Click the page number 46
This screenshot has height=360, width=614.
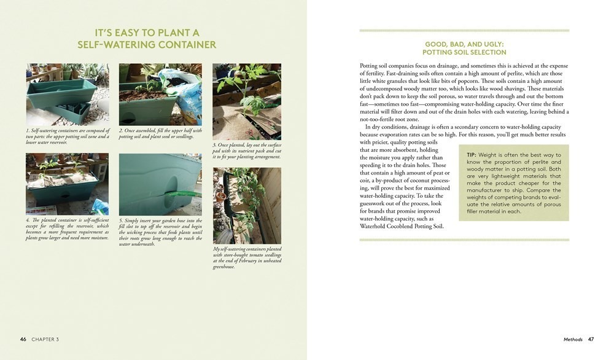pyautogui.click(x=23, y=339)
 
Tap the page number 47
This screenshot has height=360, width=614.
pyautogui.click(x=591, y=339)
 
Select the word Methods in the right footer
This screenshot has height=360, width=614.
pyautogui.click(x=573, y=339)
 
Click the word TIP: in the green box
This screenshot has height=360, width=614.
pyautogui.click(x=472, y=154)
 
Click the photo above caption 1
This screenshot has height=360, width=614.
pyautogui.click(x=68, y=94)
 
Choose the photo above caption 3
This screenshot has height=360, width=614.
pyautogui.click(x=247, y=101)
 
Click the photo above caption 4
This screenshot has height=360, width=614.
pyautogui.click(x=68, y=183)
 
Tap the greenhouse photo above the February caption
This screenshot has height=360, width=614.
pyautogui.click(x=247, y=205)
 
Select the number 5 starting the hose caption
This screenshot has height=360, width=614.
pyautogui.click(x=120, y=220)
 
